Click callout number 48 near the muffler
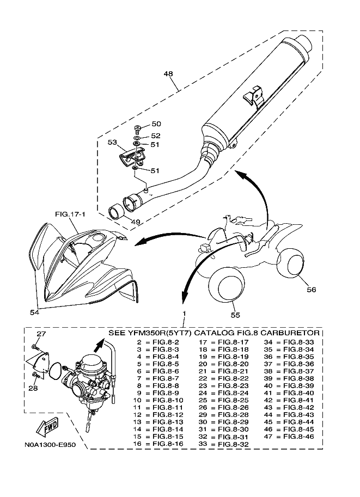168,74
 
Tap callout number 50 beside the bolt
156,124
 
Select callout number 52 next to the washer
156,136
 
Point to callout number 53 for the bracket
112,142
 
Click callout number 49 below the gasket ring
136,222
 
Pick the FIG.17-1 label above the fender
70,214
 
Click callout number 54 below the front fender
34,312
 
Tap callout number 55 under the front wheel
235,315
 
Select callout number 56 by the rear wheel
312,290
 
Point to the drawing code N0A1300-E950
50,445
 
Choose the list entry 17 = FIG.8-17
224,342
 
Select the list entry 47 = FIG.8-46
289,437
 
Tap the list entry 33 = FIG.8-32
224,444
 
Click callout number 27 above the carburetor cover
41,334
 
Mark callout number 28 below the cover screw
33,389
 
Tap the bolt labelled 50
138,128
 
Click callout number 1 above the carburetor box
184,314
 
